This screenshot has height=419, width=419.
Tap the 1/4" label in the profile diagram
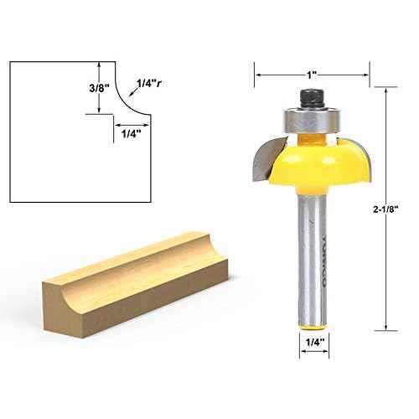[131, 133]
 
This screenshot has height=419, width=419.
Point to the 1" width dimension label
[312, 75]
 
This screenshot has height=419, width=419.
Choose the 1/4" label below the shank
[312, 342]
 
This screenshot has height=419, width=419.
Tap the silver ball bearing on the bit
[312, 118]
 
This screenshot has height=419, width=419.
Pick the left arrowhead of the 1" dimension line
[258, 75]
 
